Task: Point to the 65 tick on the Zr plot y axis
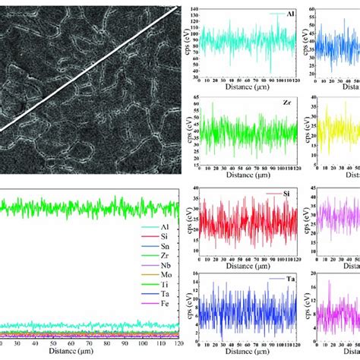click(194, 97)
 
